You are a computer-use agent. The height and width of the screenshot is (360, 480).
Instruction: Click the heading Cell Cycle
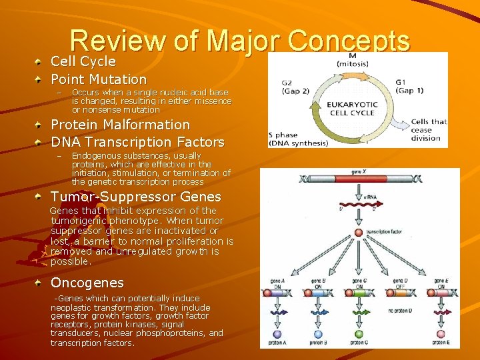tap(83, 62)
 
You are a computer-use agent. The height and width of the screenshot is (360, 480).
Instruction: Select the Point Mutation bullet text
tap(99, 79)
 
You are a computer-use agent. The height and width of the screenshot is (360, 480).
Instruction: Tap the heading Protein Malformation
tap(120, 125)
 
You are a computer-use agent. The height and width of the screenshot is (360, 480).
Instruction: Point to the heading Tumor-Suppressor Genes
tap(135, 197)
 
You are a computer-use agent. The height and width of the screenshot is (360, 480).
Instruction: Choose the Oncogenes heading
tap(87, 283)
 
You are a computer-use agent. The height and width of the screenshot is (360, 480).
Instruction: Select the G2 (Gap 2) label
tap(296, 87)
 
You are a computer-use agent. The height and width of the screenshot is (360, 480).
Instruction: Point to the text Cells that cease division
tap(428, 129)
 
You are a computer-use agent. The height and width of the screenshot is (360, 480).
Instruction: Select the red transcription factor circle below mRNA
tap(359, 233)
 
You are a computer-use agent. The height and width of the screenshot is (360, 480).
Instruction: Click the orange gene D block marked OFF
tap(399, 292)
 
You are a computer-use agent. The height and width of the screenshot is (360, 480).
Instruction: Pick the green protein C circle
tap(359, 334)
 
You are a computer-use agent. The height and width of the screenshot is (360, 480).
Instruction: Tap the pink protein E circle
tap(440, 334)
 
